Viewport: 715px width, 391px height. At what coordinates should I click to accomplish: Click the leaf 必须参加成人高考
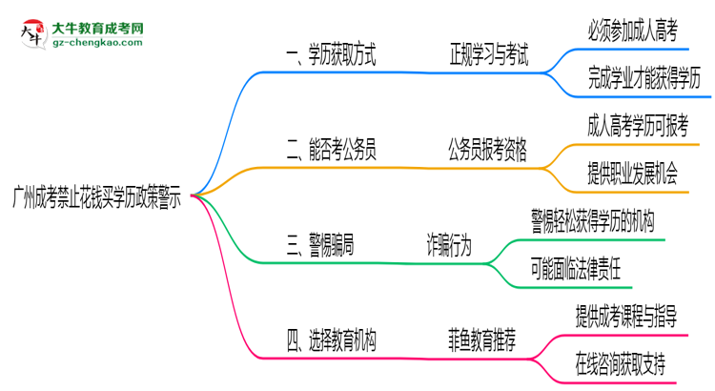click(633, 32)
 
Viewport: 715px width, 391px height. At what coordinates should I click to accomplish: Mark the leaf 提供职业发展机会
click(633, 173)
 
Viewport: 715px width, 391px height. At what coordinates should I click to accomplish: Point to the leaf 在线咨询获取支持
click(621, 362)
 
